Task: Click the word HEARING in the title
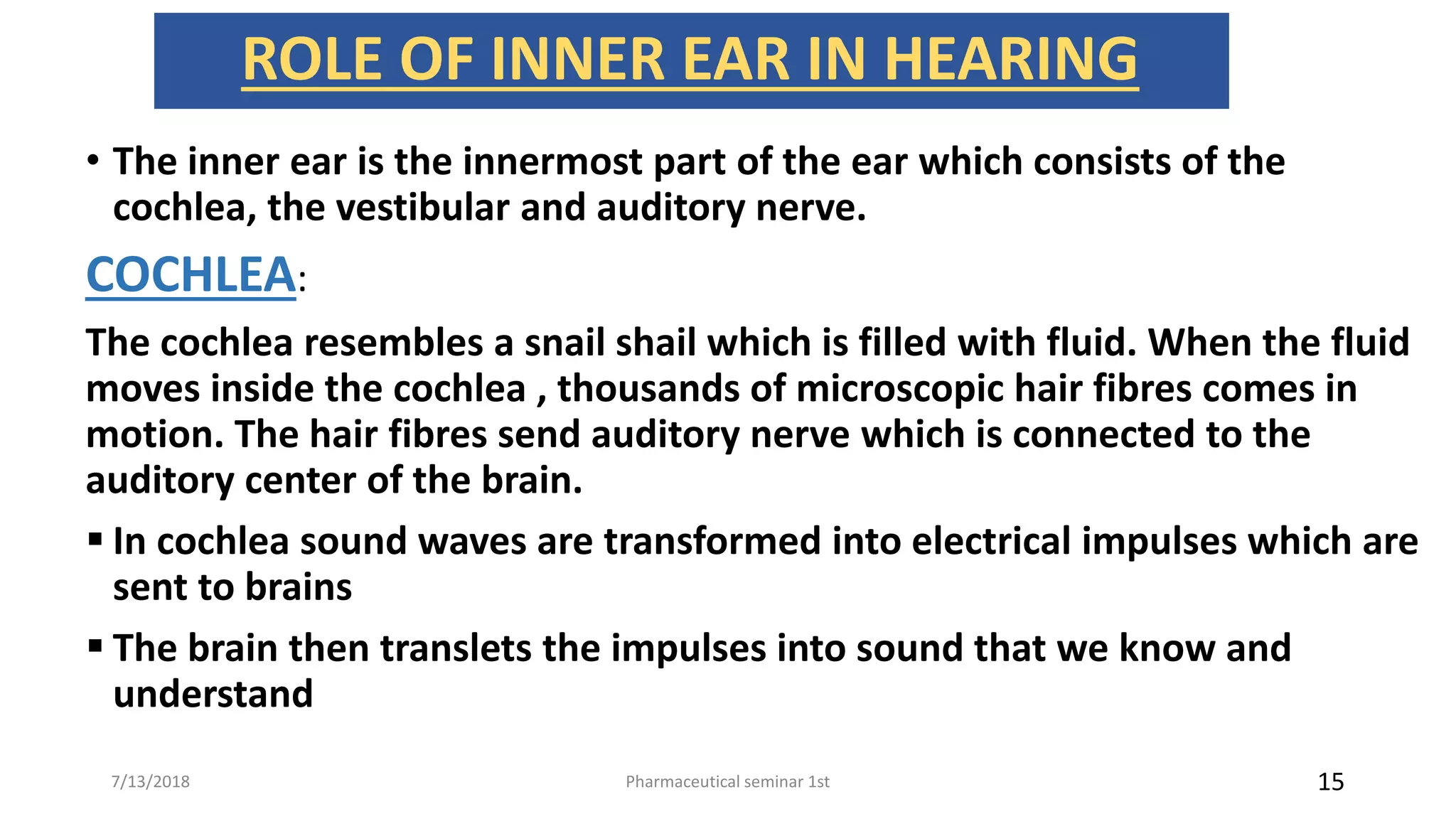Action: (1010, 60)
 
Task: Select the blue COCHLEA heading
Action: (191, 275)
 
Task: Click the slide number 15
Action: (1330, 782)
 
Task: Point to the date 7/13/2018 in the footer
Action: (151, 782)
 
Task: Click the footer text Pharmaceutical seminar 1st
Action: (727, 782)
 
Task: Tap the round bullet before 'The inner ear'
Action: (93, 161)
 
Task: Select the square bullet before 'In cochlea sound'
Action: (95, 540)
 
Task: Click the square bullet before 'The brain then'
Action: (95, 646)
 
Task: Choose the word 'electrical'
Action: (990, 542)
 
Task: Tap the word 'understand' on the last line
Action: (213, 694)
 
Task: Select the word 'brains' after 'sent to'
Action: (299, 588)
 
